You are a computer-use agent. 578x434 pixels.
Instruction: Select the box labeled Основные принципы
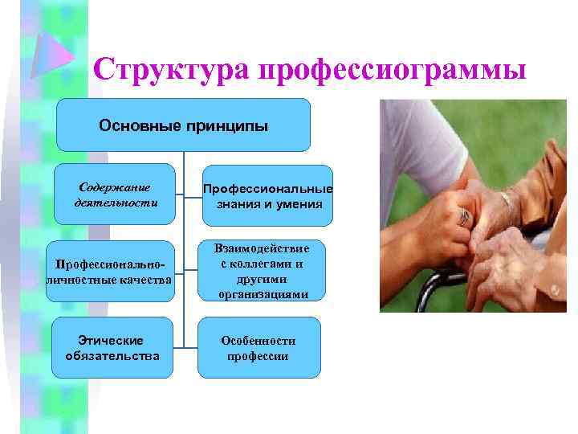[x=183, y=125]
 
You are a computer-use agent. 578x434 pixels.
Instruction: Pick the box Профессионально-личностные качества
[x=110, y=272]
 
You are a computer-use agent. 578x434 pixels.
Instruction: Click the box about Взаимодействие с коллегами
[x=263, y=270]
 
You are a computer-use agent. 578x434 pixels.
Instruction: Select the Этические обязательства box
[x=112, y=347]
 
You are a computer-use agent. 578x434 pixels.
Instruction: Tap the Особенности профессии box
[x=258, y=347]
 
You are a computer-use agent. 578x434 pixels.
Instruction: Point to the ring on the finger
[x=464, y=215]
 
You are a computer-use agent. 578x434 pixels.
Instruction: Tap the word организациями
[x=263, y=294]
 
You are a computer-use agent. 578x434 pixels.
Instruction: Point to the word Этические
[x=112, y=340]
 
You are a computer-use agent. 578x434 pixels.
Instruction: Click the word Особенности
[x=258, y=340]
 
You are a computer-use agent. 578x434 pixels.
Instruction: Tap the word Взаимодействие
[x=263, y=247]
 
